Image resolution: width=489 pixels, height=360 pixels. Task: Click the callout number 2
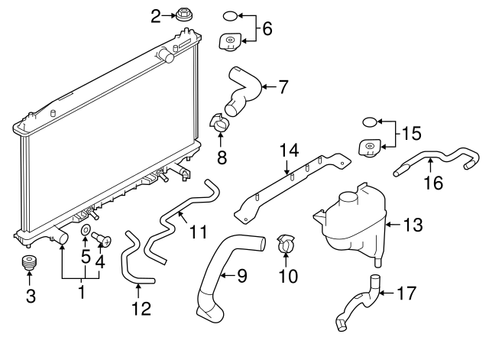pyautogui.click(x=156, y=15)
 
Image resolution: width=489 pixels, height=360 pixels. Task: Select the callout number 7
pyautogui.click(x=283, y=87)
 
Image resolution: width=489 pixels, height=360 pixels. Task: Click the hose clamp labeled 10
pyautogui.click(x=286, y=245)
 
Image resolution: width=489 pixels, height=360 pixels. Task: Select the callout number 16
pyautogui.click(x=432, y=183)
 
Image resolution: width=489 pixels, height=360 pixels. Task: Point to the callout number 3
pyautogui.click(x=31, y=297)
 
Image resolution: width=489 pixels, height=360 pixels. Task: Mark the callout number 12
pyautogui.click(x=141, y=308)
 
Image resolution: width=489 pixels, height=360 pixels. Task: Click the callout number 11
pyautogui.click(x=199, y=232)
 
